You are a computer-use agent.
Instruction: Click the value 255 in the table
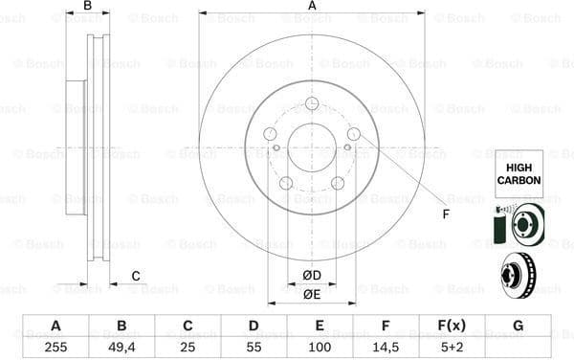pyautogui.click(x=56, y=347)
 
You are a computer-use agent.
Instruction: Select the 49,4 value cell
pyautogui.click(x=121, y=347)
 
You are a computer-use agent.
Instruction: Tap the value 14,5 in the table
pyautogui.click(x=386, y=347)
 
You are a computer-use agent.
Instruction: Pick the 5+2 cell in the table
pyautogui.click(x=452, y=347)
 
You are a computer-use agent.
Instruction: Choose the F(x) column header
pyautogui.click(x=452, y=326)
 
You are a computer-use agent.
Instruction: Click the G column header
pyautogui.click(x=518, y=326)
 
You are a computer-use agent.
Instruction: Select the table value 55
pyautogui.click(x=254, y=347)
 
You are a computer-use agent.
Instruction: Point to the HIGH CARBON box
pyautogui.click(x=518, y=173)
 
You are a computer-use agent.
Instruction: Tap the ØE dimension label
pyautogui.click(x=312, y=294)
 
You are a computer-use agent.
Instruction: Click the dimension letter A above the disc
pyautogui.click(x=312, y=7)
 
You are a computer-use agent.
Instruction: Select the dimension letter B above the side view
pyautogui.click(x=88, y=7)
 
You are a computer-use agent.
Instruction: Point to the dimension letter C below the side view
pyautogui.click(x=136, y=277)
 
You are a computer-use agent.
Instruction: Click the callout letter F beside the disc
pyautogui.click(x=445, y=213)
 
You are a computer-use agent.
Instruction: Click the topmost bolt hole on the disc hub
pyautogui.click(x=312, y=104)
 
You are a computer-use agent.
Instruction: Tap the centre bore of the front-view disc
pyautogui.click(x=312, y=147)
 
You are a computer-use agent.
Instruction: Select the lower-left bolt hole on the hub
pyautogui.click(x=286, y=183)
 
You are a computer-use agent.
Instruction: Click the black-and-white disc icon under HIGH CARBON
pyautogui.click(x=518, y=225)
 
